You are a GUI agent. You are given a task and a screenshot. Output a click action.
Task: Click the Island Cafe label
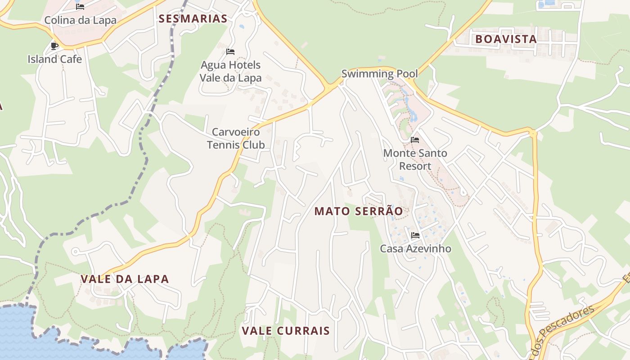point(54,59)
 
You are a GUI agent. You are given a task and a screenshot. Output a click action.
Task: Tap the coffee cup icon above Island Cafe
point(54,46)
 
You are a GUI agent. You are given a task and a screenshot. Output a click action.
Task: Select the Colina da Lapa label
point(80,20)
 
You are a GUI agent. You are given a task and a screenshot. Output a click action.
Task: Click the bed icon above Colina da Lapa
point(80,7)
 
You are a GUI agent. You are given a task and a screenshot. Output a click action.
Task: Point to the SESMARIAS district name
point(193,18)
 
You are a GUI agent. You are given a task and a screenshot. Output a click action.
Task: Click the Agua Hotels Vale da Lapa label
point(230,71)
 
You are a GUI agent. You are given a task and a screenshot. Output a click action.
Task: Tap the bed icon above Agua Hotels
point(230,52)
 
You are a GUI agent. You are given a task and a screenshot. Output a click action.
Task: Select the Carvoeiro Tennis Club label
point(236,138)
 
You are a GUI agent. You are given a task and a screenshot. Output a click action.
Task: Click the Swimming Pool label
point(379,73)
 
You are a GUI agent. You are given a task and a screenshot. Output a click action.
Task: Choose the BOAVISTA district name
point(506,39)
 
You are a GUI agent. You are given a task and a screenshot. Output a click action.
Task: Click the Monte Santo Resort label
point(415,159)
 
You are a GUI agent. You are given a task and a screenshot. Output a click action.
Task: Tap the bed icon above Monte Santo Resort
point(415,140)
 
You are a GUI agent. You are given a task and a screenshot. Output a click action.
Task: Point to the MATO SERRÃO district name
point(358,211)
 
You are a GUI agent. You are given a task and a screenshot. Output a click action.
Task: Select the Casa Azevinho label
point(415,248)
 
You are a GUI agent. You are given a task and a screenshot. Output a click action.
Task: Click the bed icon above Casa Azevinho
point(415,235)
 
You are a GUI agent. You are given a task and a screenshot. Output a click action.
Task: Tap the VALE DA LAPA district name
point(125,279)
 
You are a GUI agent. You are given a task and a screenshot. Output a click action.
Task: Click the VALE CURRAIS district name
point(286,331)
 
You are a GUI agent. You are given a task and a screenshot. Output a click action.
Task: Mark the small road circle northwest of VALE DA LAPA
point(75,252)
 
